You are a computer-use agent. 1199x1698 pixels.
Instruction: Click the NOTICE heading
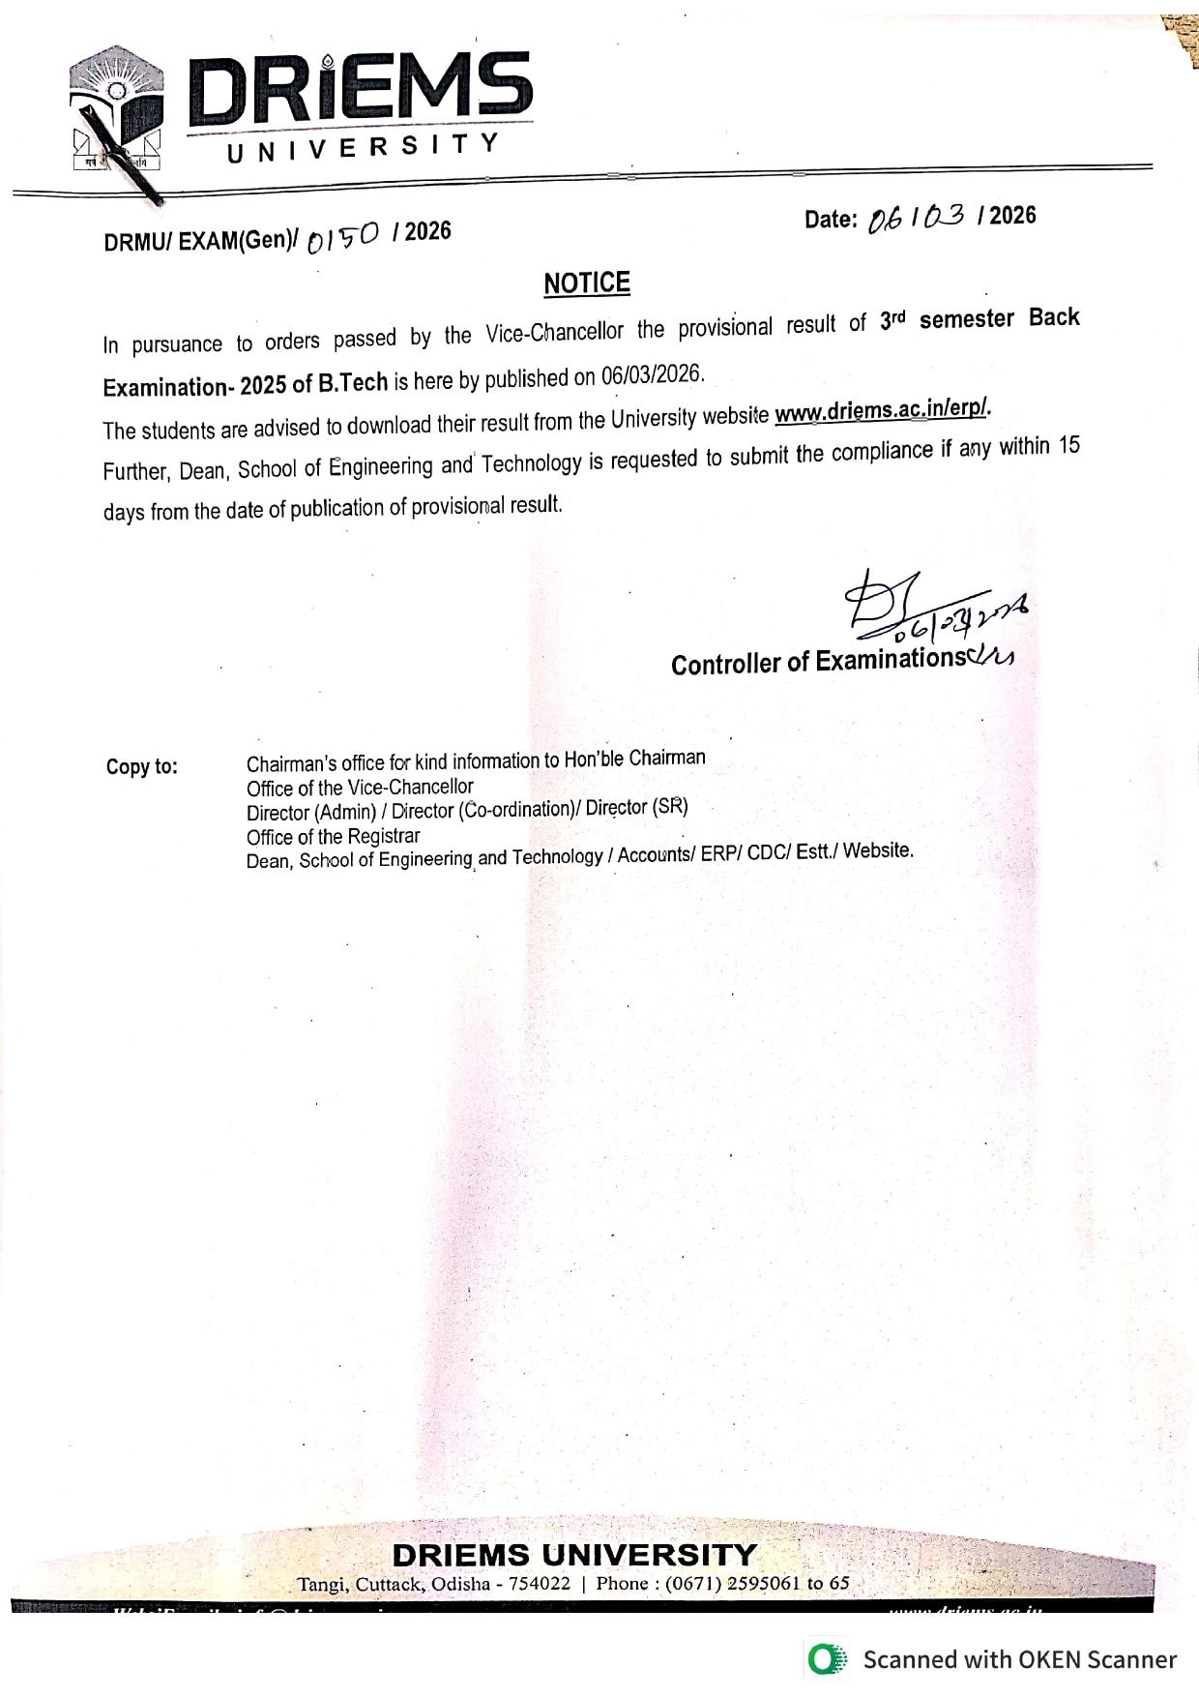[x=587, y=283]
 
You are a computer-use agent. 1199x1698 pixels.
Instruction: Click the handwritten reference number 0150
[x=343, y=236]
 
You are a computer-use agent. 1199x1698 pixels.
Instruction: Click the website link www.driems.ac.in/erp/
[x=883, y=412]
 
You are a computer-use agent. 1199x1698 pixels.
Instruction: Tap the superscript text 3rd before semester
[x=892, y=321]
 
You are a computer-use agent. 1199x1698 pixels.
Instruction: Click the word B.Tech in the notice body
[x=353, y=383]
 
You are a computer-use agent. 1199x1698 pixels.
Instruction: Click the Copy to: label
[x=142, y=767]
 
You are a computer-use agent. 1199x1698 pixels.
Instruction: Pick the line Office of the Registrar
[x=333, y=836]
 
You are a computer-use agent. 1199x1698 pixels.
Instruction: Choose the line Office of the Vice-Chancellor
[x=360, y=788]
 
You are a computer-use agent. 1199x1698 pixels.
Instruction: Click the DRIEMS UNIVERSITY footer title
[x=574, y=1555]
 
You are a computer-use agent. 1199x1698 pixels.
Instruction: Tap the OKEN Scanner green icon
[x=825, y=1659]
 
